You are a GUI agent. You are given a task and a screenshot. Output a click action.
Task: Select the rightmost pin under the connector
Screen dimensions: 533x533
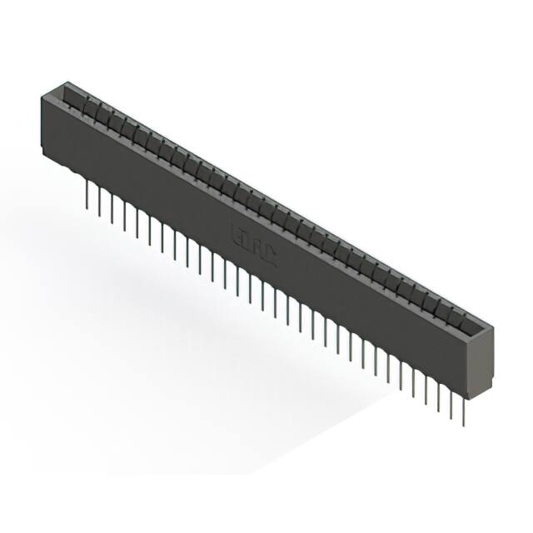(x=463, y=408)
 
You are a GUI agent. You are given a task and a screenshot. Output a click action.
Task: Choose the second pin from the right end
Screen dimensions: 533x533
(x=451, y=401)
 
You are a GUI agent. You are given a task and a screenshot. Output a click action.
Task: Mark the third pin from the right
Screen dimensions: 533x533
(x=438, y=394)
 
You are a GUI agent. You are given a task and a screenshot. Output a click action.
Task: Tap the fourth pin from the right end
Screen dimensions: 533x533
(x=426, y=387)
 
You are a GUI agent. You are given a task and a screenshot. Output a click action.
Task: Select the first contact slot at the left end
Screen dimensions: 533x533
(x=76, y=99)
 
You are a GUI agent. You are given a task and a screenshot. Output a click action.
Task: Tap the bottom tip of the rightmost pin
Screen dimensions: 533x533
(x=463, y=426)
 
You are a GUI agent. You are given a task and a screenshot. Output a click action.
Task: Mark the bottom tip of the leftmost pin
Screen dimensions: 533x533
(x=87, y=208)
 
